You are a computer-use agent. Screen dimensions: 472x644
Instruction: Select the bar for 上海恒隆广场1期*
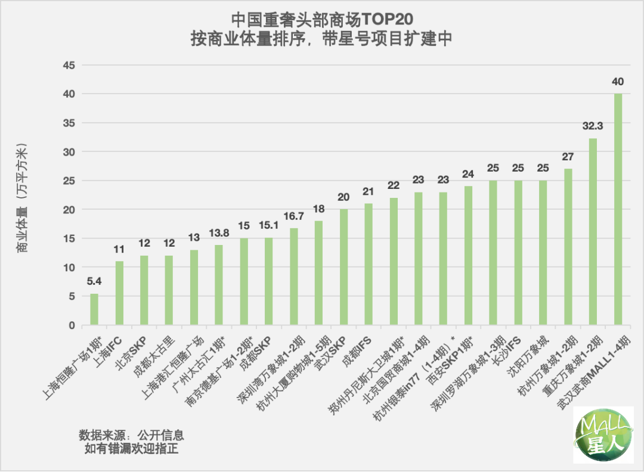pyautogui.click(x=94, y=310)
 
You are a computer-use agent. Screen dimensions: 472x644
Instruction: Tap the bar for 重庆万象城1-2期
pyautogui.click(x=593, y=232)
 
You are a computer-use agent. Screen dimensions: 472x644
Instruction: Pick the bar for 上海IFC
pyautogui.click(x=119, y=293)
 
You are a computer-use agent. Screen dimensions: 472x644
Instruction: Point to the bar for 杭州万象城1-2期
pyautogui.click(x=568, y=247)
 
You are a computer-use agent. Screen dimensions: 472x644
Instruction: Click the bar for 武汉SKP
pyautogui.click(x=344, y=268)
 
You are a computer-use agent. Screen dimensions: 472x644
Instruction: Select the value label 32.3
pyautogui.click(x=593, y=126)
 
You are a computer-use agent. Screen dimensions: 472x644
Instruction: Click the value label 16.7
pyautogui.click(x=294, y=216)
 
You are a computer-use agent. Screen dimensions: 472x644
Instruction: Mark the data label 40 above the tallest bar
pyautogui.click(x=618, y=82)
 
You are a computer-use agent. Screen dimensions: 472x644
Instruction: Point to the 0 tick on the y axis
pyautogui.click(x=72, y=325)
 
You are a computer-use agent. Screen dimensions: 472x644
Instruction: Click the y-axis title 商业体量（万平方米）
pyautogui.click(x=22, y=197)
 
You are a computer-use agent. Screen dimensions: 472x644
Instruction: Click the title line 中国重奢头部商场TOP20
pyautogui.click(x=321, y=19)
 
